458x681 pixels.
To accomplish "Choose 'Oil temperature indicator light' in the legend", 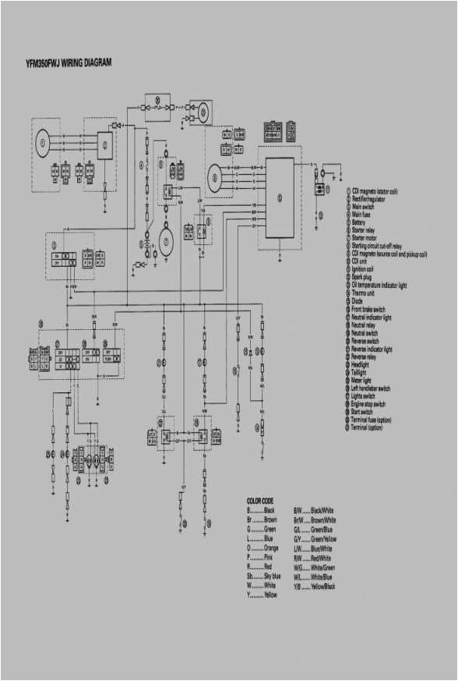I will coord(386,285).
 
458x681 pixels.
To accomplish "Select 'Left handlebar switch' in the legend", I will coord(379,389).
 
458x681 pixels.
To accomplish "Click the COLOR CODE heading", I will coord(259,500).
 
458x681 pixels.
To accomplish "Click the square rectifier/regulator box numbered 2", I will coord(104,144).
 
